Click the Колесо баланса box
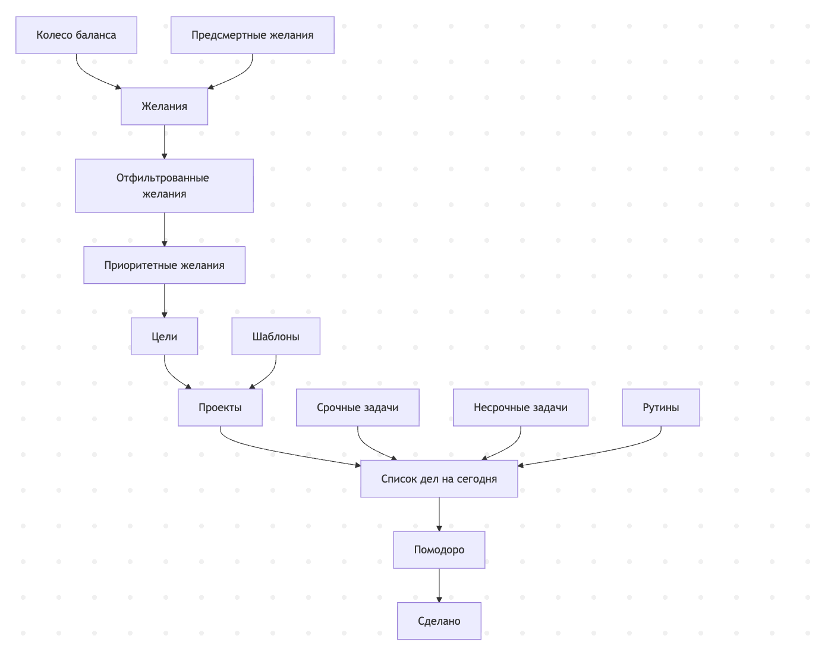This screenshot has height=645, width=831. coord(76,35)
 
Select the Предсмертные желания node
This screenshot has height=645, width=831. coord(253,35)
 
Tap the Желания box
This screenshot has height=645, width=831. coord(165,106)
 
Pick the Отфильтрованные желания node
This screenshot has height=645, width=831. coord(165,186)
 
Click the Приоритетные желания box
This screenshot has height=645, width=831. coord(165,265)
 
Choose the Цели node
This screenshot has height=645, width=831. coord(165,336)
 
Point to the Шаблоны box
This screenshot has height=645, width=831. coord(276,336)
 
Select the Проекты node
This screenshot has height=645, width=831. coord(220,407)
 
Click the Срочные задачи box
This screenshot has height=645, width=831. coord(358,407)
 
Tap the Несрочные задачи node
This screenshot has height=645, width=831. coord(521,407)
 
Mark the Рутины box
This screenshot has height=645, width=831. coord(661,407)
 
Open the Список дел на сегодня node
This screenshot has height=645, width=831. coord(439,478)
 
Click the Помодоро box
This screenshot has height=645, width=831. coord(439,550)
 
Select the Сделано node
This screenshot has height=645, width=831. coord(439,621)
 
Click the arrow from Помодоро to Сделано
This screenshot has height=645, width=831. coord(439,585)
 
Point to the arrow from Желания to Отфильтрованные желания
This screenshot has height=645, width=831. coord(165,142)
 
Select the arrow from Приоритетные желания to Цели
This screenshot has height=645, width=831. coord(165,301)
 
